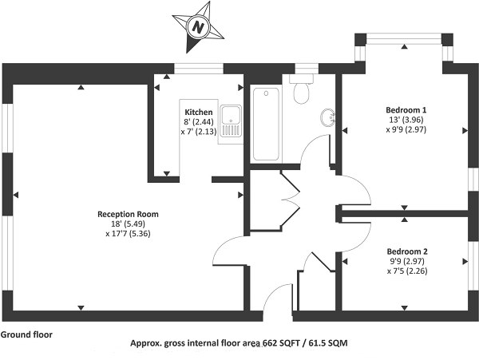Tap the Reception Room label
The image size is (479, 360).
tap(128, 214)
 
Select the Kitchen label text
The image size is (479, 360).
tap(199, 111)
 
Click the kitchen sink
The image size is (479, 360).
tap(231, 121)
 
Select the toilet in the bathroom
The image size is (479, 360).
tap(301, 91)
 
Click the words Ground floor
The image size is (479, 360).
tap(26, 334)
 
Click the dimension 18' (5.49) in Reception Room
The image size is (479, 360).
tap(128, 224)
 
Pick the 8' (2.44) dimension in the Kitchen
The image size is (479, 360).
tap(199, 121)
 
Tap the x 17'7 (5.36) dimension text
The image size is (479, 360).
tap(128, 235)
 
